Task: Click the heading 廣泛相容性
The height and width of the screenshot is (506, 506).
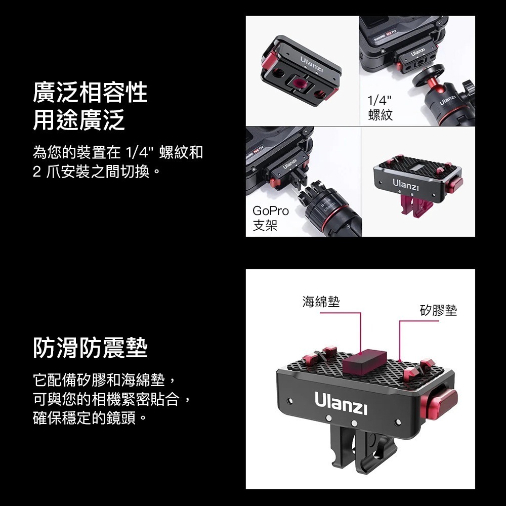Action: pyautogui.click(x=90, y=93)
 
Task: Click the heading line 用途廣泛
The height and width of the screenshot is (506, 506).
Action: pyautogui.click(x=78, y=120)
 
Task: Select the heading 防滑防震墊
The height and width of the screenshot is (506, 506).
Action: pyautogui.click(x=90, y=348)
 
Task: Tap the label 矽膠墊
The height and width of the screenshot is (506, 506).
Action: pyautogui.click(x=438, y=310)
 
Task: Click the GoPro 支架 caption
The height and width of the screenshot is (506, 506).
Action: pyautogui.click(x=271, y=218)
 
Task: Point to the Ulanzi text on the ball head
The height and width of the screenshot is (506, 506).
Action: pyautogui.click(x=448, y=100)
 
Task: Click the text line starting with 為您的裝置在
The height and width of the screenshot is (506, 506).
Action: pyautogui.click(x=117, y=152)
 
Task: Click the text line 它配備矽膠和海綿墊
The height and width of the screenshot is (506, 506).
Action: pyautogui.click(x=104, y=378)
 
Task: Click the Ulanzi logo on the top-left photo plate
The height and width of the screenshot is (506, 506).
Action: pyautogui.click(x=312, y=64)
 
